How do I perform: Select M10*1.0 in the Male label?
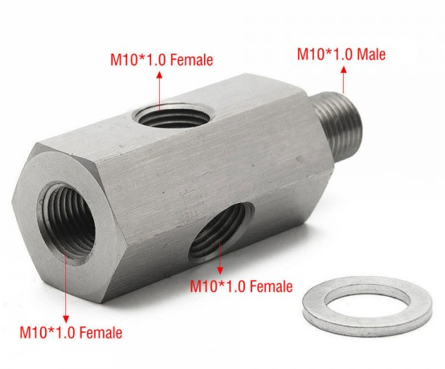[x=324, y=55]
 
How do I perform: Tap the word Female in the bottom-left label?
[x=99, y=332]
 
